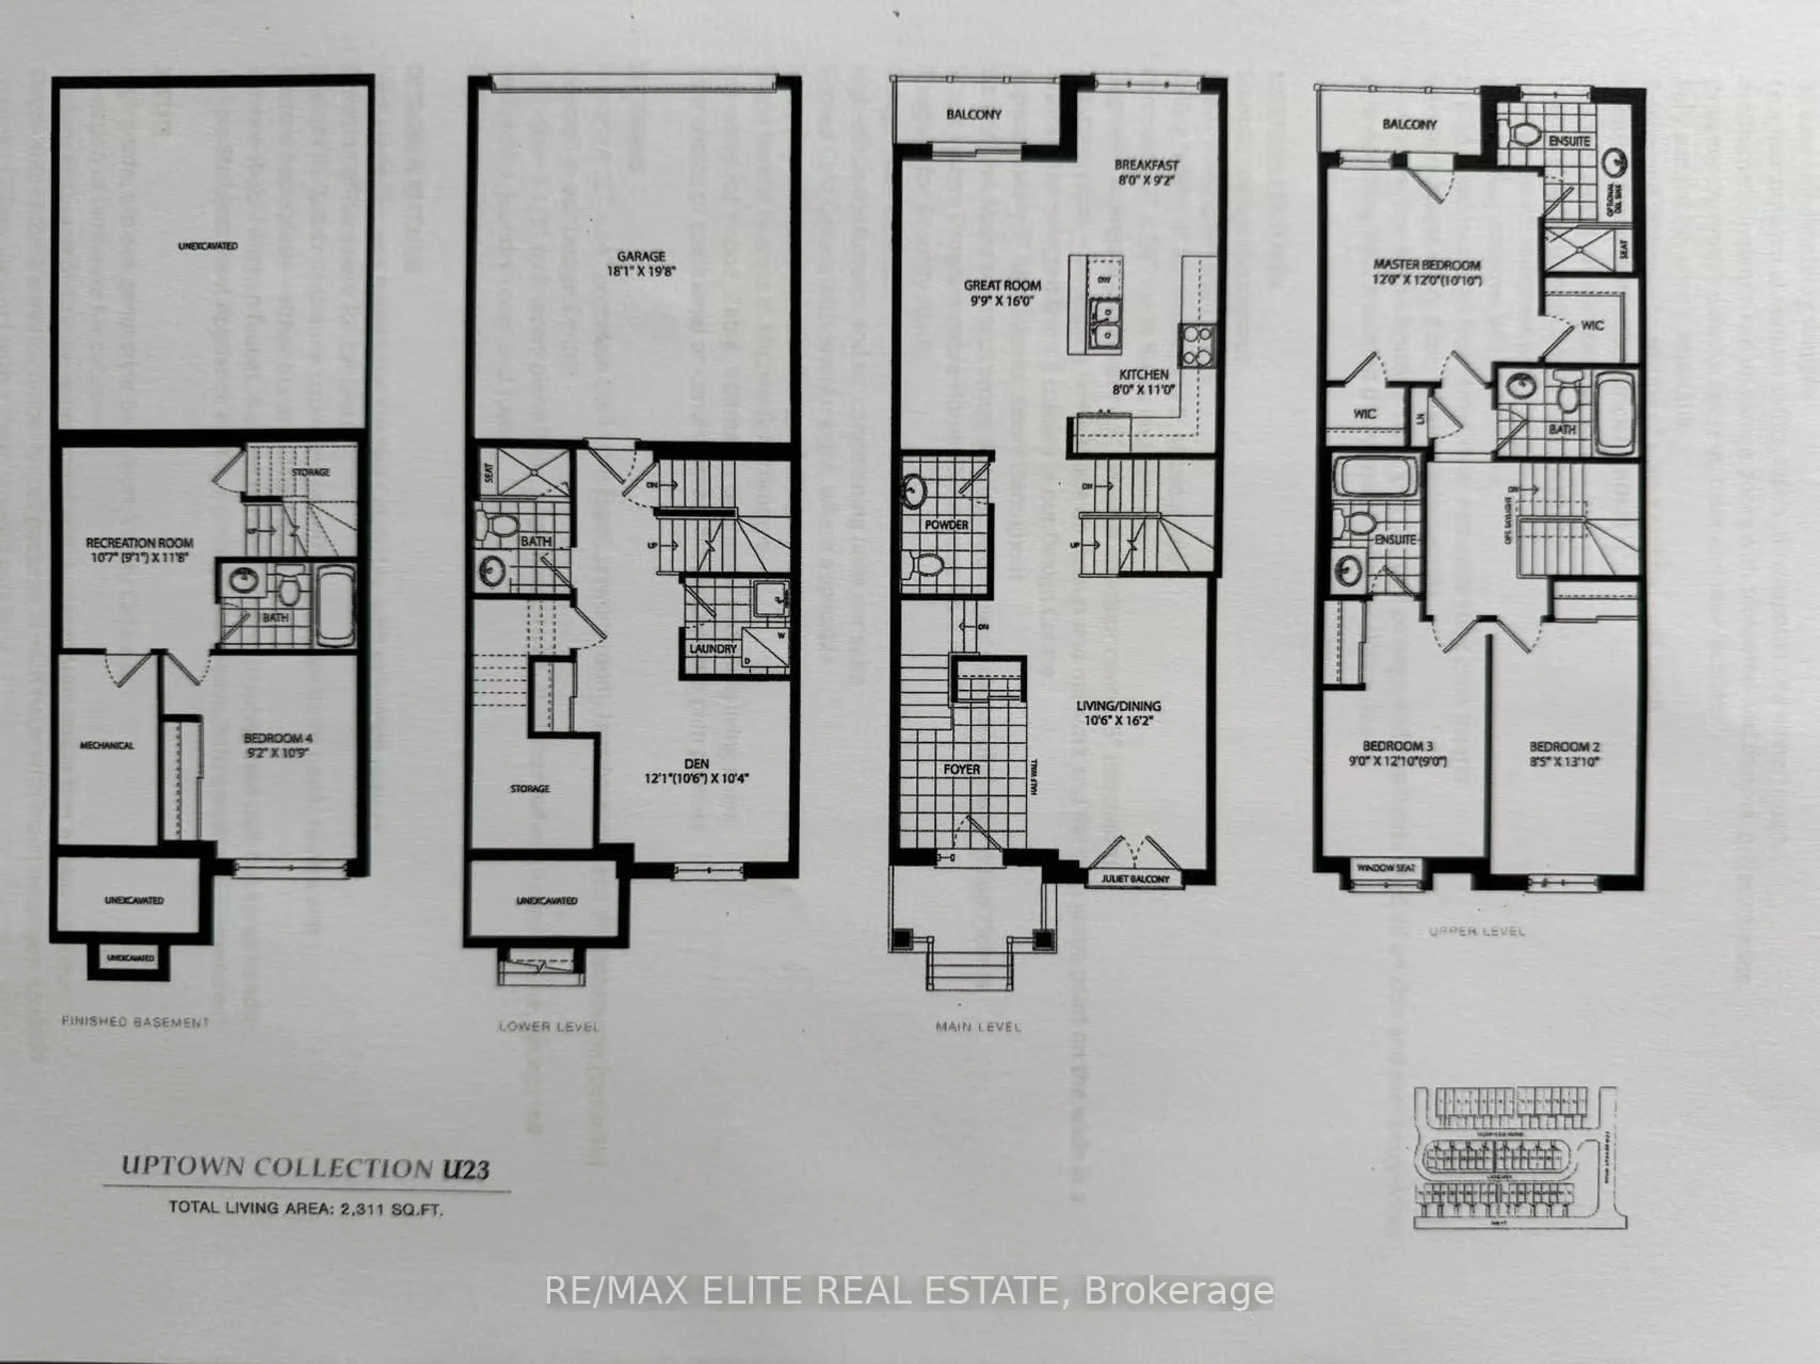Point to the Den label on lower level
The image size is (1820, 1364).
click(696, 763)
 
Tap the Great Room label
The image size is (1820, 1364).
click(1002, 286)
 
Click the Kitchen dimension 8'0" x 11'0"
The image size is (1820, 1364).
click(1144, 390)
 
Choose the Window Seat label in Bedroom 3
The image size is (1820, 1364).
click(1386, 867)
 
